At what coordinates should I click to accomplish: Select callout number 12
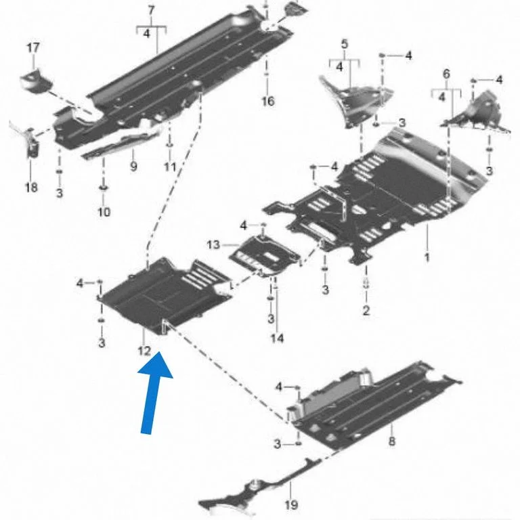point(144,351)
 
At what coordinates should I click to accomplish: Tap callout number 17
point(32,48)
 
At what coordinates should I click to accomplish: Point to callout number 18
point(32,188)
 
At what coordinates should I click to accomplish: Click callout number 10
point(104,211)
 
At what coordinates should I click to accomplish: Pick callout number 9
point(133,166)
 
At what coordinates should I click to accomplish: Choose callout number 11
point(170,166)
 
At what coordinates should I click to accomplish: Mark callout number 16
point(268,101)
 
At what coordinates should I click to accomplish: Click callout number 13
point(213,244)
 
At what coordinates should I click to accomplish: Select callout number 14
point(277,339)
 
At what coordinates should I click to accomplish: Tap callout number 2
point(366,310)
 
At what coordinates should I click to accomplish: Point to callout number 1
point(427,257)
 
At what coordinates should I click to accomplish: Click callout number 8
point(391,441)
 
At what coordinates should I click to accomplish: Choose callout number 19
point(291,504)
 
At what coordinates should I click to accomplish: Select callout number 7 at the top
point(151,11)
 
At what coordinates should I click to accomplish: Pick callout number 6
point(446,74)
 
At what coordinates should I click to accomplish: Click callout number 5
point(345,44)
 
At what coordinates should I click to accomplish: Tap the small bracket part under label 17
point(36,81)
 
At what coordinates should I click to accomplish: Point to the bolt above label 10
point(103,189)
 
